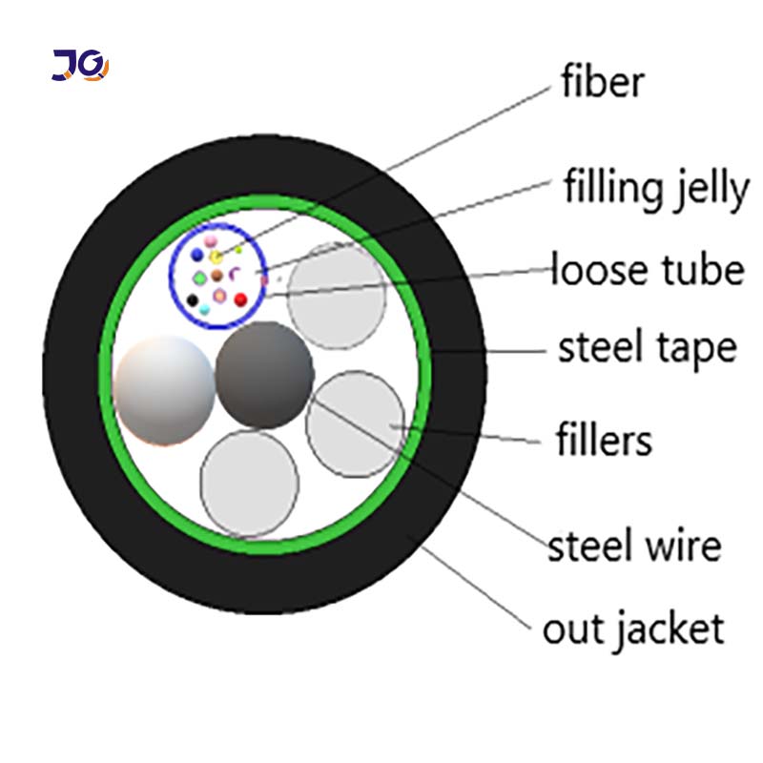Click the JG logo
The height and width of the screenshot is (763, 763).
point(80,64)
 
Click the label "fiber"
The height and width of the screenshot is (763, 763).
point(602,82)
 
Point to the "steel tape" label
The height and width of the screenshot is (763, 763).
point(647,348)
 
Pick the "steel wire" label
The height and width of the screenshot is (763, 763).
point(633,547)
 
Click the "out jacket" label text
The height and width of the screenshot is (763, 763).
point(633,629)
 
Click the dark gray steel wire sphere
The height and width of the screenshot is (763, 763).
point(264,375)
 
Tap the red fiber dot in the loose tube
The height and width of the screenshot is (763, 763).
point(240,299)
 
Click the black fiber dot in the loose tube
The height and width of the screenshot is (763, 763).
point(193,300)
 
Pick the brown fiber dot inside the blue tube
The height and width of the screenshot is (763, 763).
point(217,276)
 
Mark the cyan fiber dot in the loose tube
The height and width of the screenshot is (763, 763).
point(205,309)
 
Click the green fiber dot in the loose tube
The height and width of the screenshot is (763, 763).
point(199,278)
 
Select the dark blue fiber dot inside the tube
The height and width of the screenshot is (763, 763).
point(196,256)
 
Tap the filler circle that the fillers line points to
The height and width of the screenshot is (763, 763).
point(355,423)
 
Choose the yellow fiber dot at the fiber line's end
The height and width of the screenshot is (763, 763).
point(217,257)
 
